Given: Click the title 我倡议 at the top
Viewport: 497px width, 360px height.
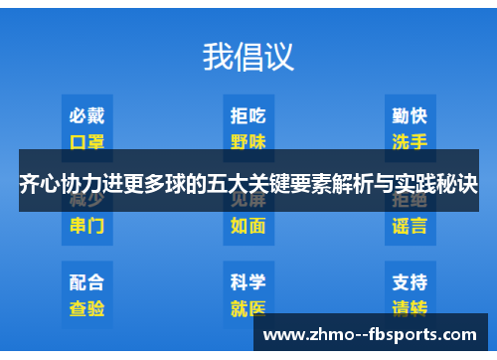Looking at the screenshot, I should (248, 56).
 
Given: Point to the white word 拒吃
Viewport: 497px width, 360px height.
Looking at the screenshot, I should (248, 116).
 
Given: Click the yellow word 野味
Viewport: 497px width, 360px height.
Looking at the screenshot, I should (248, 140).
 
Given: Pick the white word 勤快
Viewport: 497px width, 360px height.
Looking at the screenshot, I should (410, 116).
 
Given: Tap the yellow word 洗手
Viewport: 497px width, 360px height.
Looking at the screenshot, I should (410, 140).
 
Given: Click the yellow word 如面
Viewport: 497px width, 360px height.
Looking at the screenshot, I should (248, 225).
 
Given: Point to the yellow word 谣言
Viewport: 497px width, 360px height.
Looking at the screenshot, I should (410, 225).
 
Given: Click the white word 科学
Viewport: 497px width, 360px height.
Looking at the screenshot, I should (248, 281).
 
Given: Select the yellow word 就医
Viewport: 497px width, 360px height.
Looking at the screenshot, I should (248, 307).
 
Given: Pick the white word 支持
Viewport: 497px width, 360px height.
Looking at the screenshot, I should (410, 281).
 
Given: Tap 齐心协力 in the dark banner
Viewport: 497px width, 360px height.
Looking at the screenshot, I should (58, 183).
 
